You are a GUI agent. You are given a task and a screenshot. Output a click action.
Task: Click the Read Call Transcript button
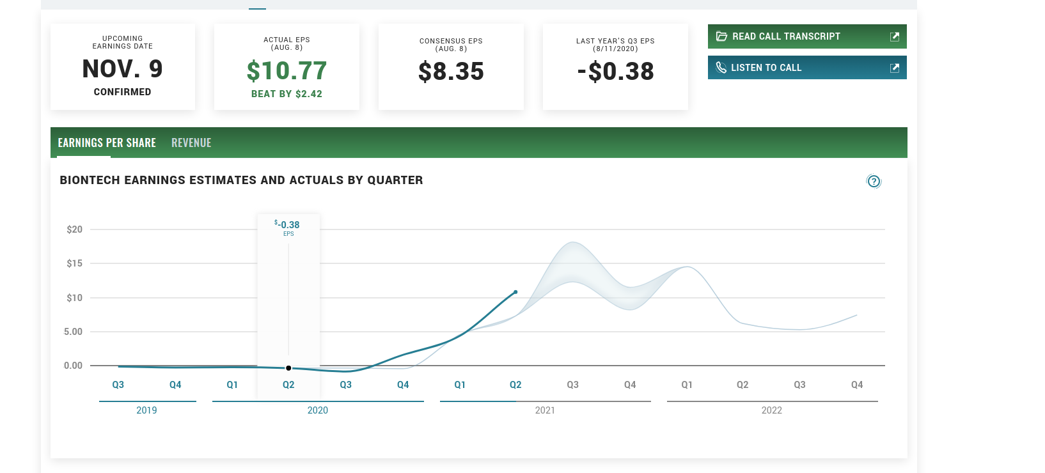pos(806,36)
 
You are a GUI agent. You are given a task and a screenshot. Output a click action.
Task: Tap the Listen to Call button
pos(806,68)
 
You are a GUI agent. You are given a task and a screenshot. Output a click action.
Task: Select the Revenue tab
pos(191,143)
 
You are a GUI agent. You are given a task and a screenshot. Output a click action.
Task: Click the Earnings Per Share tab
pos(107,143)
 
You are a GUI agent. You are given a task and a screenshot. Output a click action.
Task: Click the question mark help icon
pos(874,182)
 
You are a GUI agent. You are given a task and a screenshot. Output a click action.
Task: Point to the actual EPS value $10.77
pos(287,71)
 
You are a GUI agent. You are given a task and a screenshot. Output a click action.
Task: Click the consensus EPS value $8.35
pos(451,72)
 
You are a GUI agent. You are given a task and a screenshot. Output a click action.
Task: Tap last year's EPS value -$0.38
pos(615,72)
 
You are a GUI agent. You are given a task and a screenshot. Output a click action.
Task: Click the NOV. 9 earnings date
pos(123,69)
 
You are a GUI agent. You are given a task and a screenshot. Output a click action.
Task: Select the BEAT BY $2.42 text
pos(287,94)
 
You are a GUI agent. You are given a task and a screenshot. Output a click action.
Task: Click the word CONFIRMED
pos(123,92)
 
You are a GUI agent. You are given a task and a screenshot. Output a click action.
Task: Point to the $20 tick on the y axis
pos(75,229)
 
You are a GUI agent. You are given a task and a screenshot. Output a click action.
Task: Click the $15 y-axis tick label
pos(75,263)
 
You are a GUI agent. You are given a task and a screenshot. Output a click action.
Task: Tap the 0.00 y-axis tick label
pos(73,366)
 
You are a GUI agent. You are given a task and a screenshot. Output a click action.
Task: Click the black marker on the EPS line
pos(288,368)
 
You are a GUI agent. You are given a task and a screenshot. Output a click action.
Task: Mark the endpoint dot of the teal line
pos(515,292)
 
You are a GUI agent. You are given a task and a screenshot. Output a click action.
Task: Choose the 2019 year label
pos(146,410)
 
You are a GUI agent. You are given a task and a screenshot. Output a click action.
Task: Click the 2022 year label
pos(771,410)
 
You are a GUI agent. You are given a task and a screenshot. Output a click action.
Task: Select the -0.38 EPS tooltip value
pos(288,225)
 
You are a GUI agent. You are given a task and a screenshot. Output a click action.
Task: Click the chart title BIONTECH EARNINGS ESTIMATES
pos(241,180)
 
